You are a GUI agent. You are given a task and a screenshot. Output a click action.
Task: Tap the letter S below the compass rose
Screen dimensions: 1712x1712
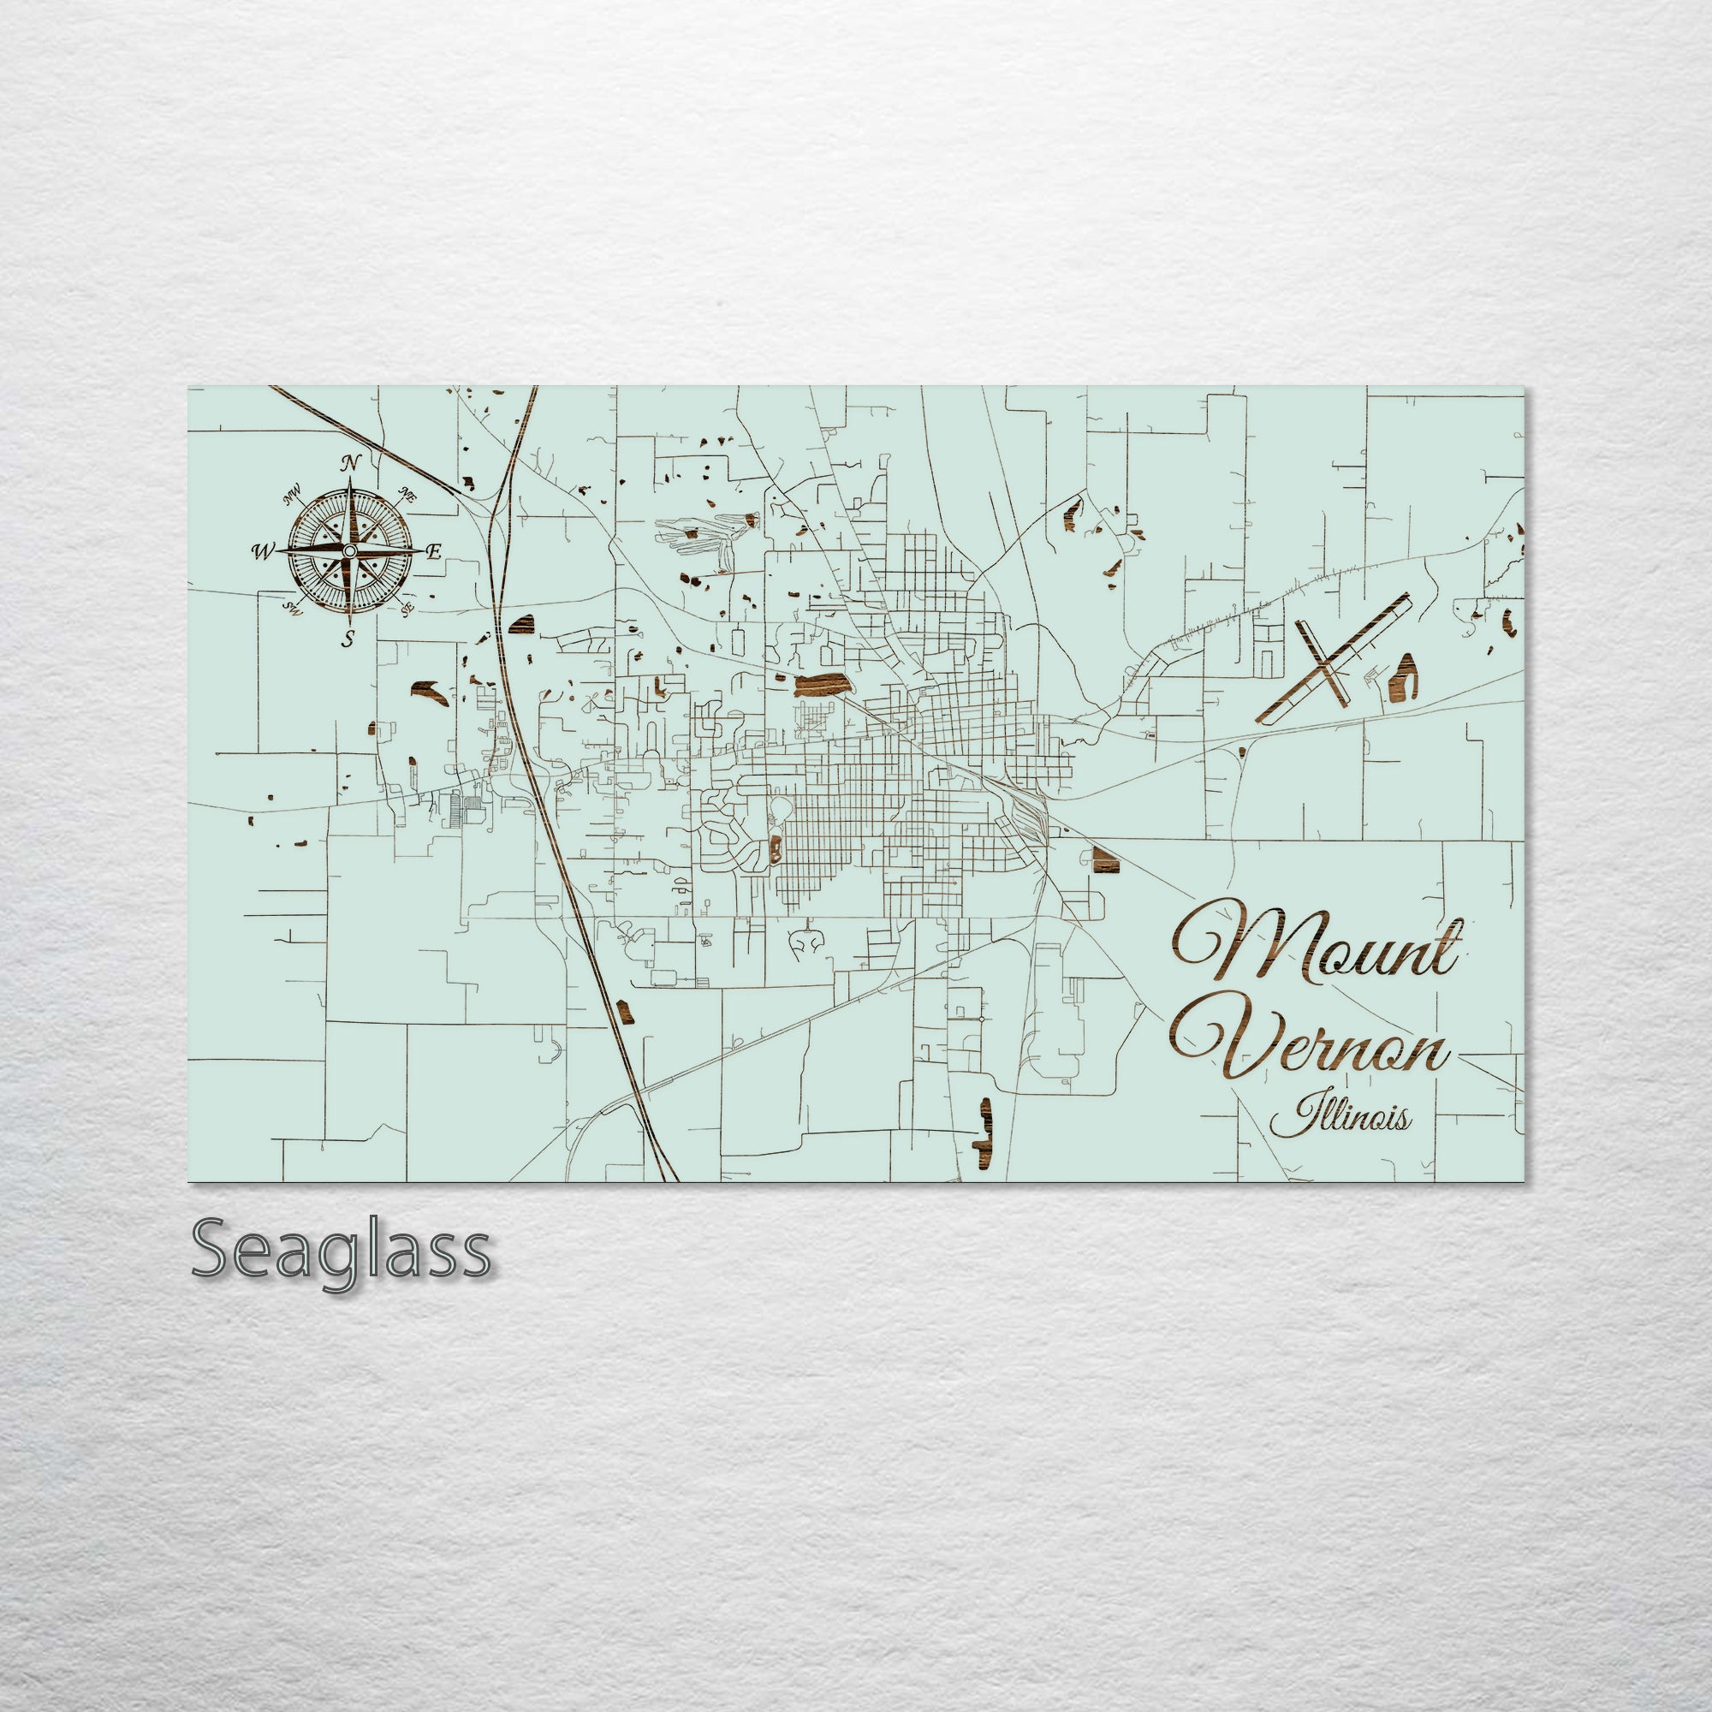pyautogui.click(x=349, y=638)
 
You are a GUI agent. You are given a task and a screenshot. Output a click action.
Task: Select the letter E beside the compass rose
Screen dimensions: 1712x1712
pyautogui.click(x=433, y=552)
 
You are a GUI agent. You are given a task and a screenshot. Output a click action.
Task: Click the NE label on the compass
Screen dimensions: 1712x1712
pyautogui.click(x=407, y=496)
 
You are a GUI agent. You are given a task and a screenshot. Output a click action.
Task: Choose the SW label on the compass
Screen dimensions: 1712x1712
pyautogui.click(x=291, y=607)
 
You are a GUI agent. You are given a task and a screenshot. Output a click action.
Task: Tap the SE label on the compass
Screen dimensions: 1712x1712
pyautogui.click(x=407, y=608)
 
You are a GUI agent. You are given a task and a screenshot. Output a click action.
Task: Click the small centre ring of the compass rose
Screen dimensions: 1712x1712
pyautogui.click(x=349, y=551)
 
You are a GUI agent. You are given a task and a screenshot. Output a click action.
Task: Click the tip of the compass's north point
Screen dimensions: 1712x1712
pyautogui.click(x=350, y=479)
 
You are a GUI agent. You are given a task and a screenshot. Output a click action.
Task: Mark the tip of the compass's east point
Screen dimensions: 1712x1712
pyautogui.click(x=423, y=551)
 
